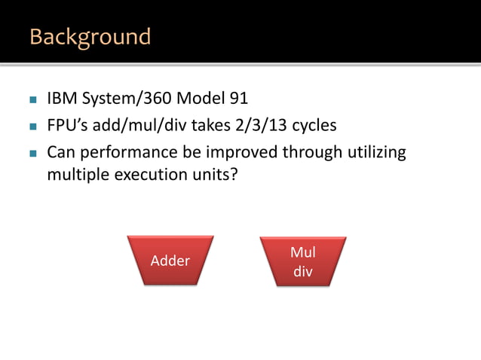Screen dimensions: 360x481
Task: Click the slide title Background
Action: [90, 36]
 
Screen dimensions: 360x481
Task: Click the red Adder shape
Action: [170, 261]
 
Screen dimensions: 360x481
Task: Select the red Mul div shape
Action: [303, 261]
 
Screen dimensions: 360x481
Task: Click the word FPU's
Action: [66, 125]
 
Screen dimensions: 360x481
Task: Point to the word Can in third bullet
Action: [61, 153]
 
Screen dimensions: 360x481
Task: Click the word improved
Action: [240, 153]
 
